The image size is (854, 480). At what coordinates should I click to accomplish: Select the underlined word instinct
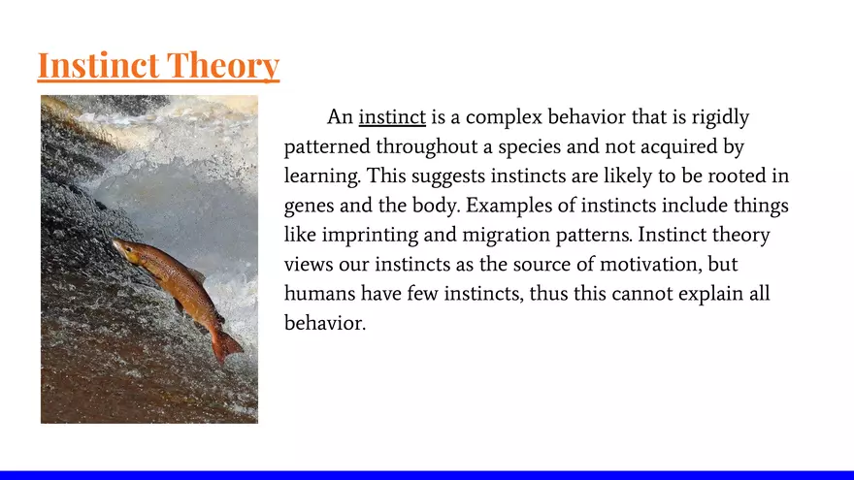[392, 117]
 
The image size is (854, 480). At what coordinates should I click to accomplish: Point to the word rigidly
[720, 117]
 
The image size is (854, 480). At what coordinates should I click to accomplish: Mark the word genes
[309, 207]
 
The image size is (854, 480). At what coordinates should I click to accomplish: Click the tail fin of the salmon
[226, 344]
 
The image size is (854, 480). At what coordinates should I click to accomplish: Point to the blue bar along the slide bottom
[427, 474]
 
